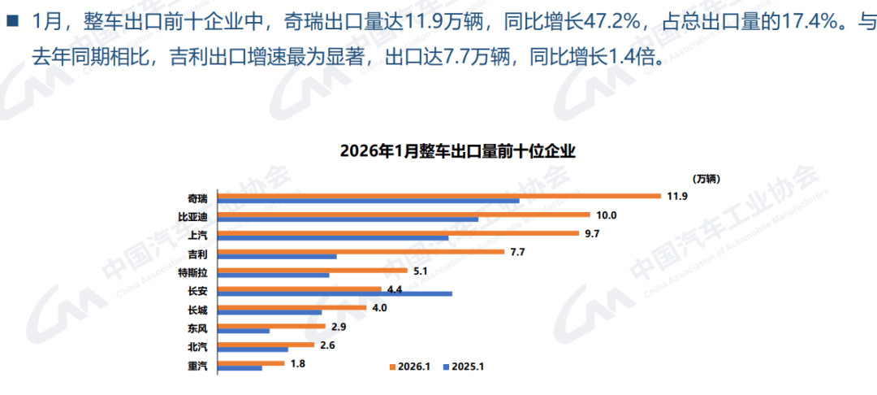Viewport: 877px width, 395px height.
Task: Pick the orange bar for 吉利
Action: [x=362, y=252]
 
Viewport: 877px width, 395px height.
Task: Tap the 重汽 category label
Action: [x=197, y=366]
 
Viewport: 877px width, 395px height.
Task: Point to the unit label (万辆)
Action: [x=706, y=178]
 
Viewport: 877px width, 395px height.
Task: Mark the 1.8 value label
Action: [x=297, y=363]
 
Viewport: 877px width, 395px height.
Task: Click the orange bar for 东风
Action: [x=271, y=327]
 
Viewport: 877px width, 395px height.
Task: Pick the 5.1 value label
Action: [x=421, y=271]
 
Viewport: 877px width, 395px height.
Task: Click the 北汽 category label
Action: [x=197, y=347]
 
